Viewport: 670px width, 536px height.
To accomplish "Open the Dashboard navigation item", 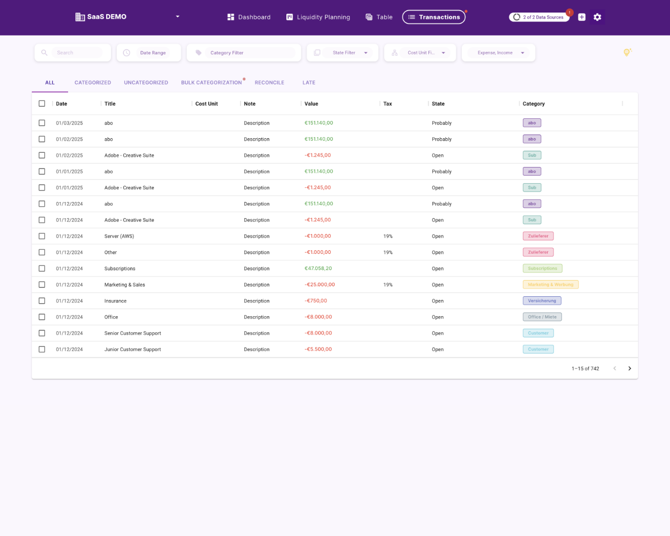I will tap(249, 17).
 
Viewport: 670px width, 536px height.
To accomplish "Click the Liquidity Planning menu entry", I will tap(318, 17).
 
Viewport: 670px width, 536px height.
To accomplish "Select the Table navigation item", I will tap(379, 17).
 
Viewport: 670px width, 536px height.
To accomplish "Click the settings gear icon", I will tap(597, 17).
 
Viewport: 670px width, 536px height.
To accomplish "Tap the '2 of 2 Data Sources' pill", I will tap(539, 17).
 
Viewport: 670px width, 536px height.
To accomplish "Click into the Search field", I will tap(77, 53).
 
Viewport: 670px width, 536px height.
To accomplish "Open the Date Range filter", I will tap(152, 53).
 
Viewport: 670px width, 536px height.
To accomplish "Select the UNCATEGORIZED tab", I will tap(146, 83).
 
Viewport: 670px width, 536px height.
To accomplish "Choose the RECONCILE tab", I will tap(270, 83).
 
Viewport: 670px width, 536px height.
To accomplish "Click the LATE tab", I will tap(309, 83).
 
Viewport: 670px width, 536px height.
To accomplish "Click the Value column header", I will tap(311, 104).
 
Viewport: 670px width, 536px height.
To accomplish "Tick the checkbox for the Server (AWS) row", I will tap(42, 236).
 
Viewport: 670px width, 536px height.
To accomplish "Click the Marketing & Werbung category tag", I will tap(551, 285).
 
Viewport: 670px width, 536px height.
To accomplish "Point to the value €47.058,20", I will tap(318, 269).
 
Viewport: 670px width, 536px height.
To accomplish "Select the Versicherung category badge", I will tap(542, 301).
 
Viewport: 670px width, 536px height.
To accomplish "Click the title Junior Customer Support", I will tap(132, 350).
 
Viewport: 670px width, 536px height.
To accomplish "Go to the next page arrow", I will tap(630, 368).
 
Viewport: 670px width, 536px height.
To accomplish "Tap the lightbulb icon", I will tap(627, 52).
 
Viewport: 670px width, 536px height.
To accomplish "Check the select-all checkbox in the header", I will tap(42, 104).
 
